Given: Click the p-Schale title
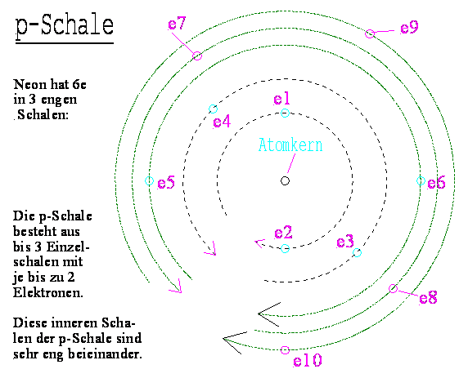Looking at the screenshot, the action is pos(65,26).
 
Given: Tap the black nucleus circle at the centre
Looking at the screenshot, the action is pos(285,180).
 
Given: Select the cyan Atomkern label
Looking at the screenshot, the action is pos(290,145).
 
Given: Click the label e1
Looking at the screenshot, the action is pos(281,99).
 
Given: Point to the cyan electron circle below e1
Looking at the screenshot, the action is pos(285,113).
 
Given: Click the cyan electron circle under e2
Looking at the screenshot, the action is pos(285,248).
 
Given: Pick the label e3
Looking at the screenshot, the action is pos(345,242).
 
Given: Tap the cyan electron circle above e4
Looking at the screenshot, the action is pos(213,109).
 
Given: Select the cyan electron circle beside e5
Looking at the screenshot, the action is pos(149,180).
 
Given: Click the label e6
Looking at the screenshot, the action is pos(436,183).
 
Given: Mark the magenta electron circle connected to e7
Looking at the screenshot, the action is pos(197,56).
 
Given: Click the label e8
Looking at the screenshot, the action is pos(428,297).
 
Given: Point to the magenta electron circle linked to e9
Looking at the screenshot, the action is pos(370,33).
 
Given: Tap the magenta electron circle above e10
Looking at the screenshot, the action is pos(285,350).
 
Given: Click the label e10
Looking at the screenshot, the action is pos(308,360).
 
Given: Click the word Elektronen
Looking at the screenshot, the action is pos(47,293).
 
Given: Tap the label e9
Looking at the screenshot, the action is pos(409,28).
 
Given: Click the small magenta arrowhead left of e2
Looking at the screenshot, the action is pos(259,242).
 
